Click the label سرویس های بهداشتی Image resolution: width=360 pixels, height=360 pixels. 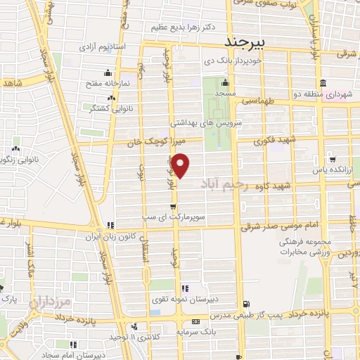[x=223, y=122]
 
